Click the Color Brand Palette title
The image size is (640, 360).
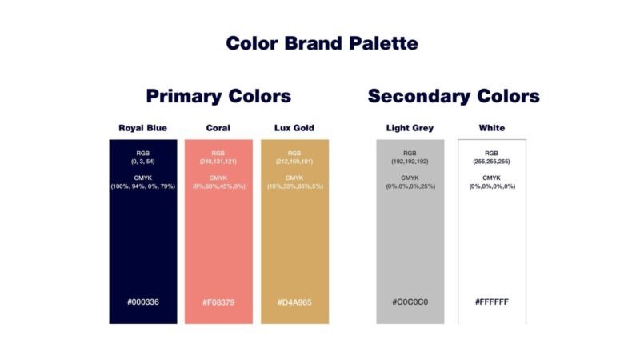click(322, 43)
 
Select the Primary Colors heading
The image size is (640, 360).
click(218, 96)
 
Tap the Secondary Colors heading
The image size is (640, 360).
click(454, 96)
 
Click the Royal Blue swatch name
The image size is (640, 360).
click(143, 128)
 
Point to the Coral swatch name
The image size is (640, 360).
click(218, 128)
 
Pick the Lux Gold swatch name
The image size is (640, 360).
click(294, 128)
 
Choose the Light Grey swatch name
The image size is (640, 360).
click(410, 128)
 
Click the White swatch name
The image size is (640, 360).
click(492, 128)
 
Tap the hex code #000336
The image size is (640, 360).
click(143, 302)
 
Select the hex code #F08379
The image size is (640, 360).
click(218, 302)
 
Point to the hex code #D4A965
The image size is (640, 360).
click(294, 302)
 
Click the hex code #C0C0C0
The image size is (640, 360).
click(410, 302)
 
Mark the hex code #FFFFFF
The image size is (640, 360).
click(492, 302)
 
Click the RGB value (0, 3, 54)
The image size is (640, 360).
click(143, 162)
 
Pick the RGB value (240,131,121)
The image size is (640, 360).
click(218, 162)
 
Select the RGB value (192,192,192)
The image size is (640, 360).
click(410, 162)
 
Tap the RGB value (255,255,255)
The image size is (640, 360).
click(491, 162)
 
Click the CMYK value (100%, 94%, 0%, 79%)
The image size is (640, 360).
click(143, 186)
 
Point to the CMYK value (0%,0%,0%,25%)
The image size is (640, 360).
click(410, 186)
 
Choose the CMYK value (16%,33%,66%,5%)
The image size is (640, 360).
click(295, 186)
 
